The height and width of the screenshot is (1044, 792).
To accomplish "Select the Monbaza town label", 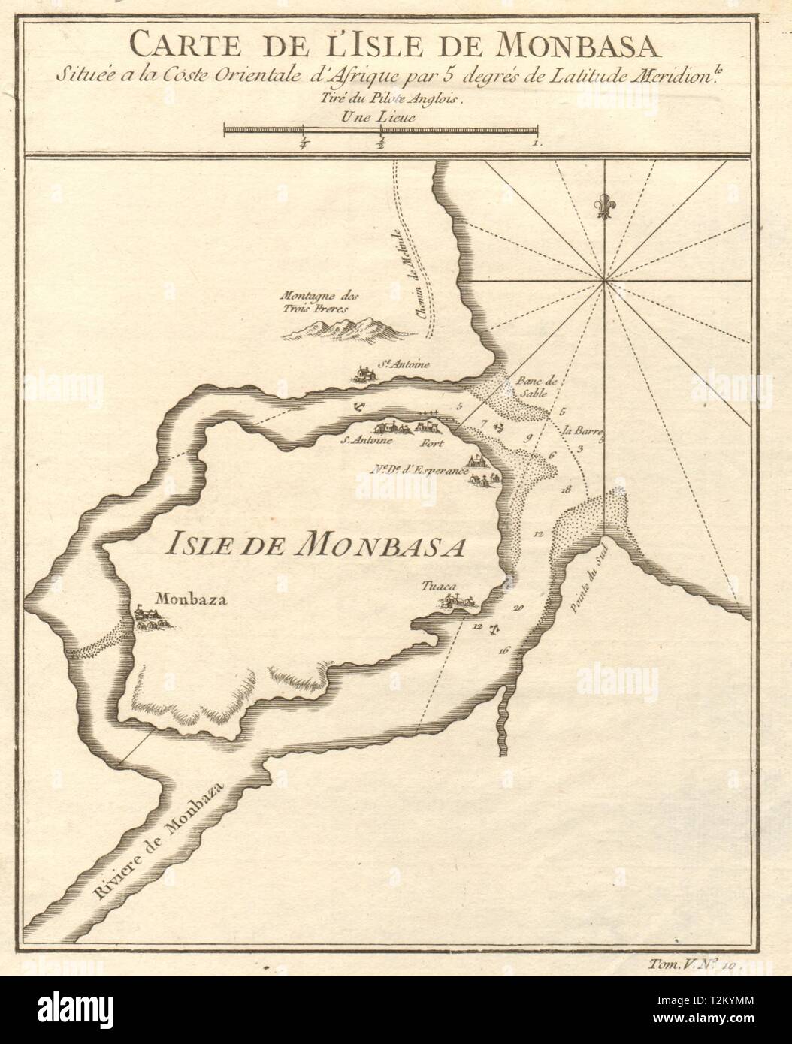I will click(182, 599).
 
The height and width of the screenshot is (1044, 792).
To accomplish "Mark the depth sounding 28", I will click(565, 489).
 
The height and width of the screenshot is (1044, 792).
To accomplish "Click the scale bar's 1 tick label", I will click(534, 142).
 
